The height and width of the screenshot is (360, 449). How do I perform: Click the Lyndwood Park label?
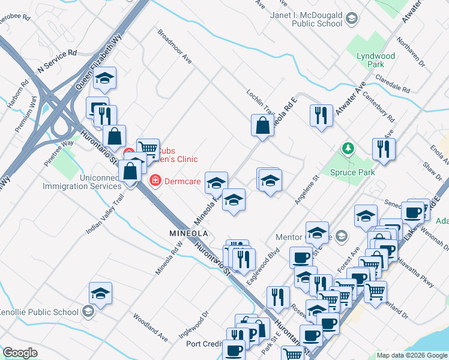pyautogui.click(x=376, y=60)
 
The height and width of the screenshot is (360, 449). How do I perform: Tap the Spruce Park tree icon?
pyautogui.click(x=347, y=148)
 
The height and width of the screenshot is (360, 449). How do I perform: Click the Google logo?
pyautogui.click(x=20, y=353)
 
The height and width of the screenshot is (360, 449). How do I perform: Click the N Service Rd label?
pyautogui.click(x=57, y=61)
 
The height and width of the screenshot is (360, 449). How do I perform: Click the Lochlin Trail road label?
pyautogui.click(x=260, y=103)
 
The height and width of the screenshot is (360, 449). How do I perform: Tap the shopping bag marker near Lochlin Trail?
pyautogui.click(x=262, y=126)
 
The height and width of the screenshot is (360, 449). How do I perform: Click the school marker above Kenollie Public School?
pyautogui.click(x=100, y=293)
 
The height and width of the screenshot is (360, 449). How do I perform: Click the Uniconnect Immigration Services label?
pyautogui.click(x=82, y=182)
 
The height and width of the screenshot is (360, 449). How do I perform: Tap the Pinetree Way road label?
pyautogui.click(x=59, y=153)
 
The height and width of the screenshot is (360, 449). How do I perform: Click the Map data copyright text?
pyautogui.click(x=412, y=355)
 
